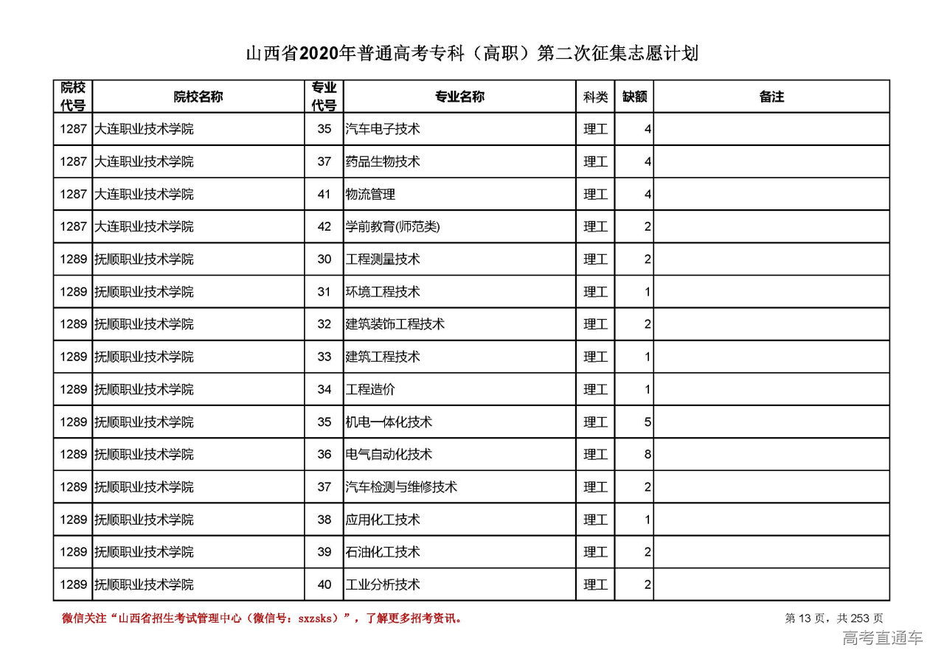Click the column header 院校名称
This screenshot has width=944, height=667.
pos(198,97)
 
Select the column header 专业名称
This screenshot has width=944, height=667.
pos(459,97)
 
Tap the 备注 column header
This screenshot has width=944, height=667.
pos(771,97)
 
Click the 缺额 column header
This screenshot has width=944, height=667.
pos(634,97)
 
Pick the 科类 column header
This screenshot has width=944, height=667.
pos(595,97)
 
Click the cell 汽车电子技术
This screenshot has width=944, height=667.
pos(383,129)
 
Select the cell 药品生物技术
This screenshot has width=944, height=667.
pos(383,161)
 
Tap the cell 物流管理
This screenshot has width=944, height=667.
pos(370,195)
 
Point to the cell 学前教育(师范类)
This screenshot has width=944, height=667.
pos(392,227)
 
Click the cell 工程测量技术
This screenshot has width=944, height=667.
pos(383,259)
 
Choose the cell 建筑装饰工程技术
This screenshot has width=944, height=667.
pos(395,324)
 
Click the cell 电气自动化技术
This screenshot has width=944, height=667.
pos(389,455)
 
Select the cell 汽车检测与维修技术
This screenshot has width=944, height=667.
pos(401,487)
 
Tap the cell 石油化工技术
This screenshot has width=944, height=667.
pos(383,552)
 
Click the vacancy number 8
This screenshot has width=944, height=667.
pos(648,455)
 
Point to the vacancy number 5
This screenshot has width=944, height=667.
pos(648,422)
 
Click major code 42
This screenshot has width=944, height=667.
pos(324,227)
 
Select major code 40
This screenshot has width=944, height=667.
pos(324,585)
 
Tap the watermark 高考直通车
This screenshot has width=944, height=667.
pos(882,638)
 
